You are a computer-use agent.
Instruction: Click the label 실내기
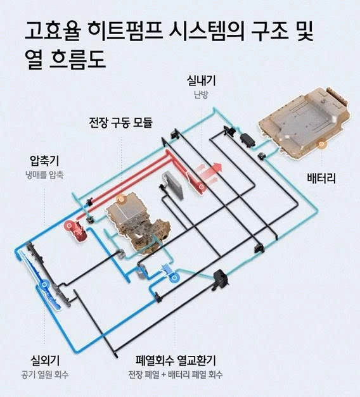201,81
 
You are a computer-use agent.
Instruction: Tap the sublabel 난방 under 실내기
201,95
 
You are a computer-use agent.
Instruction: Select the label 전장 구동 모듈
120,123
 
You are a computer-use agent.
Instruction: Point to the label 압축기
44,161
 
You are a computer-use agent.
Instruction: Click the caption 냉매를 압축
44,175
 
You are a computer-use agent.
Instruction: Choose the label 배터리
321,179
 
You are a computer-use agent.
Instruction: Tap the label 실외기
45,360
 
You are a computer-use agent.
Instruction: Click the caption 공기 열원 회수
44,375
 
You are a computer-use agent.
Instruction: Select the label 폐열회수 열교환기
176,360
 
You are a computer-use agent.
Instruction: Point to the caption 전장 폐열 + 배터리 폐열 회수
175,375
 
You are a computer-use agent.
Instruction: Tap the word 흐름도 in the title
77,60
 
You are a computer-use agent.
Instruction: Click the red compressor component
76,231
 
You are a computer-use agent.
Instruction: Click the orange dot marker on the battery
321,144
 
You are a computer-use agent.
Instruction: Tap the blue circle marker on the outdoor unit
44,284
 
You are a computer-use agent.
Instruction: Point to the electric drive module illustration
138,223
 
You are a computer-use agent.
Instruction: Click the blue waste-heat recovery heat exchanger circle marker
174,279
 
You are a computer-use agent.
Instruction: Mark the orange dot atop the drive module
122,199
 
